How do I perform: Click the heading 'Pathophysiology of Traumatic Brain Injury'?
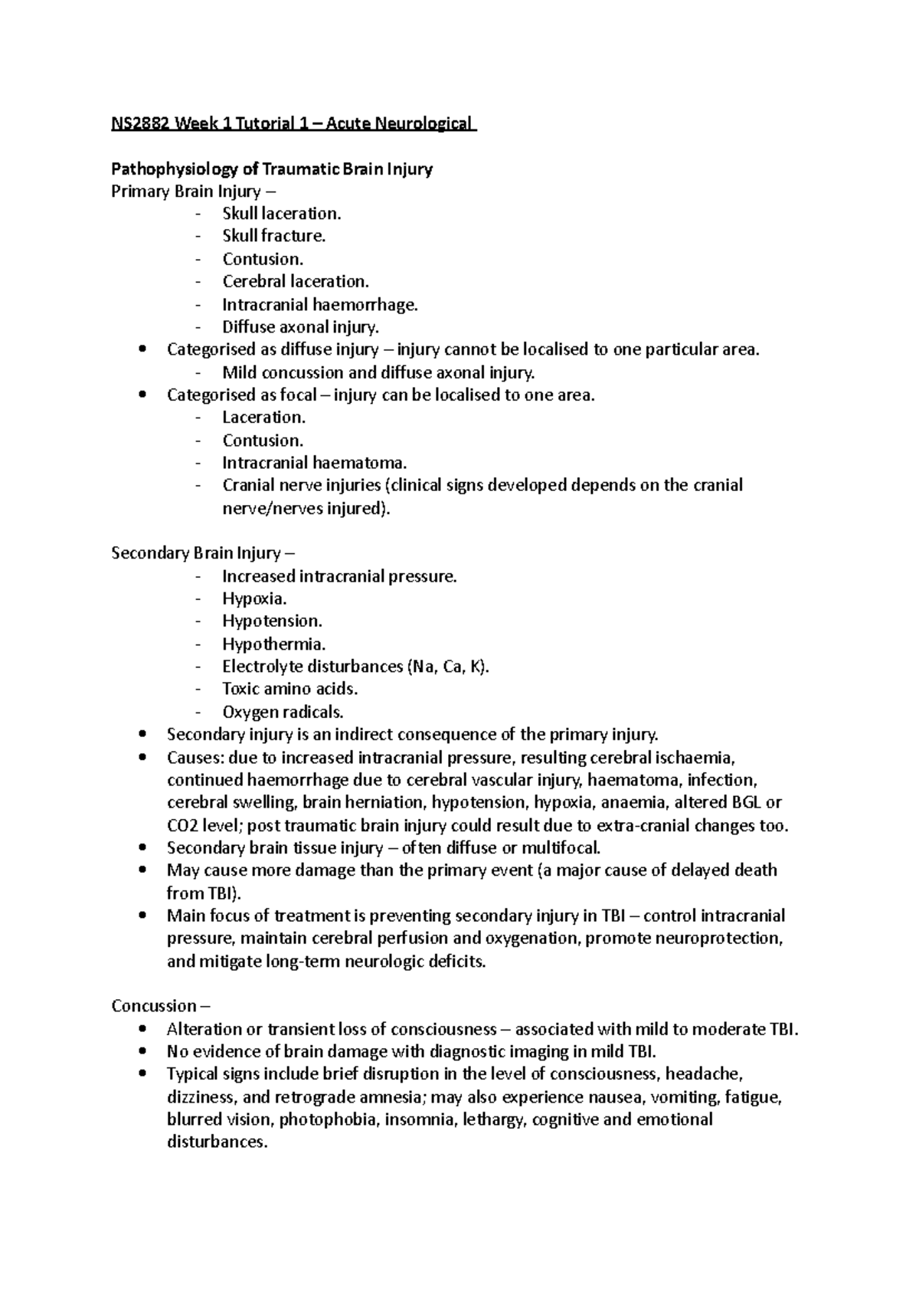272,169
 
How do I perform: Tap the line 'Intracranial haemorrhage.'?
320,304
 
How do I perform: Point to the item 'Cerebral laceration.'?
296,281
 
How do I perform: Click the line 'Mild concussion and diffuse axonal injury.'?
378,372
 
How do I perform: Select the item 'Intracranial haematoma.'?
315,463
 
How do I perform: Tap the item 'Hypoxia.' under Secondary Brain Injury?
254,598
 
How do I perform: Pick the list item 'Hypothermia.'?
273,644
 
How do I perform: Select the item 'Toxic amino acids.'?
289,689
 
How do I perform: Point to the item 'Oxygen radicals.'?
283,712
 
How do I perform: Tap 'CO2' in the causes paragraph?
182,826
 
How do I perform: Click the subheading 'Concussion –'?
160,1006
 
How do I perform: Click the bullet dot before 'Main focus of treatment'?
143,916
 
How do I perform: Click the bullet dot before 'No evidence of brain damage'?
143,1052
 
